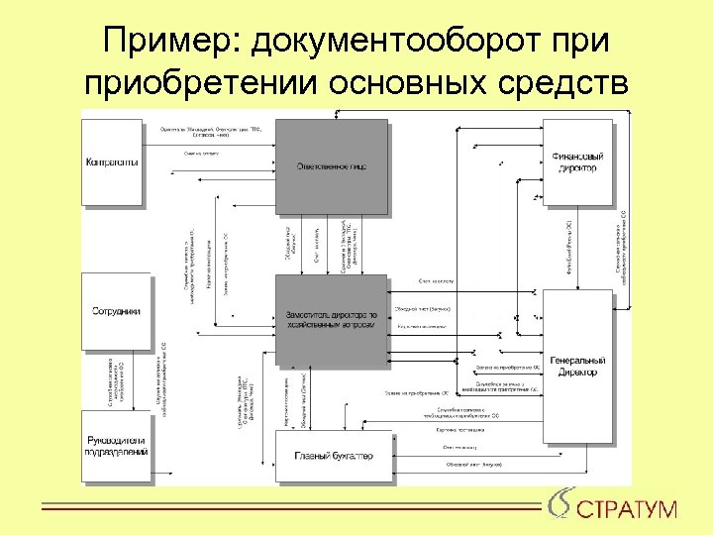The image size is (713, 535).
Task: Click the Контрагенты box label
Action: coord(112,162)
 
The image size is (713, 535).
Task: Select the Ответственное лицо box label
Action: coord(332,165)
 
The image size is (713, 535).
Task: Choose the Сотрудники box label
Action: coord(115,311)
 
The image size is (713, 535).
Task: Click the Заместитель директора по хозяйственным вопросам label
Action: coord(331,318)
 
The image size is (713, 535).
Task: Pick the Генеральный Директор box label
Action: coord(577,366)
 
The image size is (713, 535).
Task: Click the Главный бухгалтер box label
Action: coord(333,456)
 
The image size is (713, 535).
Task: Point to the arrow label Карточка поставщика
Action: coord(460,430)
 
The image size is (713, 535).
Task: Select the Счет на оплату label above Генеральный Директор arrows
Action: coord(436,280)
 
